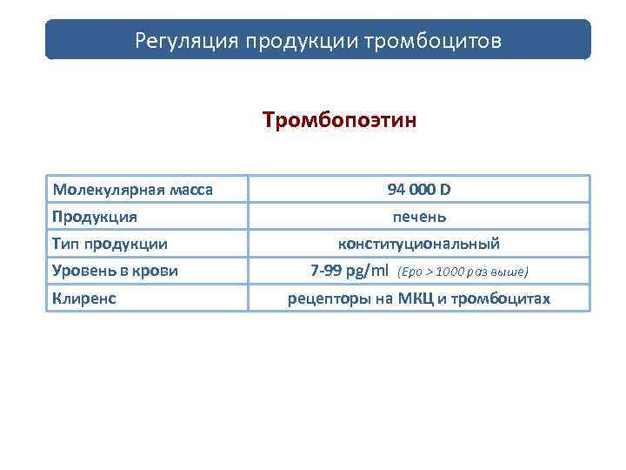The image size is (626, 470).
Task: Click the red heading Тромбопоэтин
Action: coord(340,118)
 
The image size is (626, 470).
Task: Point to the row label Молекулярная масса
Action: coord(133,189)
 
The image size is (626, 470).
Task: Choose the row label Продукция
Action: coord(95,216)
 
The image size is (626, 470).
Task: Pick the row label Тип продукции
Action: coord(110,244)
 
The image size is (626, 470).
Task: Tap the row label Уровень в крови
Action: coord(115,271)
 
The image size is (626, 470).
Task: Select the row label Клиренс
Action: coord(84,299)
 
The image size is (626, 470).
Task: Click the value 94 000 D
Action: coord(418,189)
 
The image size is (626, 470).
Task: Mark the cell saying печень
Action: coord(418,216)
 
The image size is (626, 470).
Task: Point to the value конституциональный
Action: coord(418,244)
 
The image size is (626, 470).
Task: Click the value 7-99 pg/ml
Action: coord(350,271)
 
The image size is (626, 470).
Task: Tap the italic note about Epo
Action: coord(462,272)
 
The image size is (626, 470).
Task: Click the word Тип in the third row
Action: coord(65,244)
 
